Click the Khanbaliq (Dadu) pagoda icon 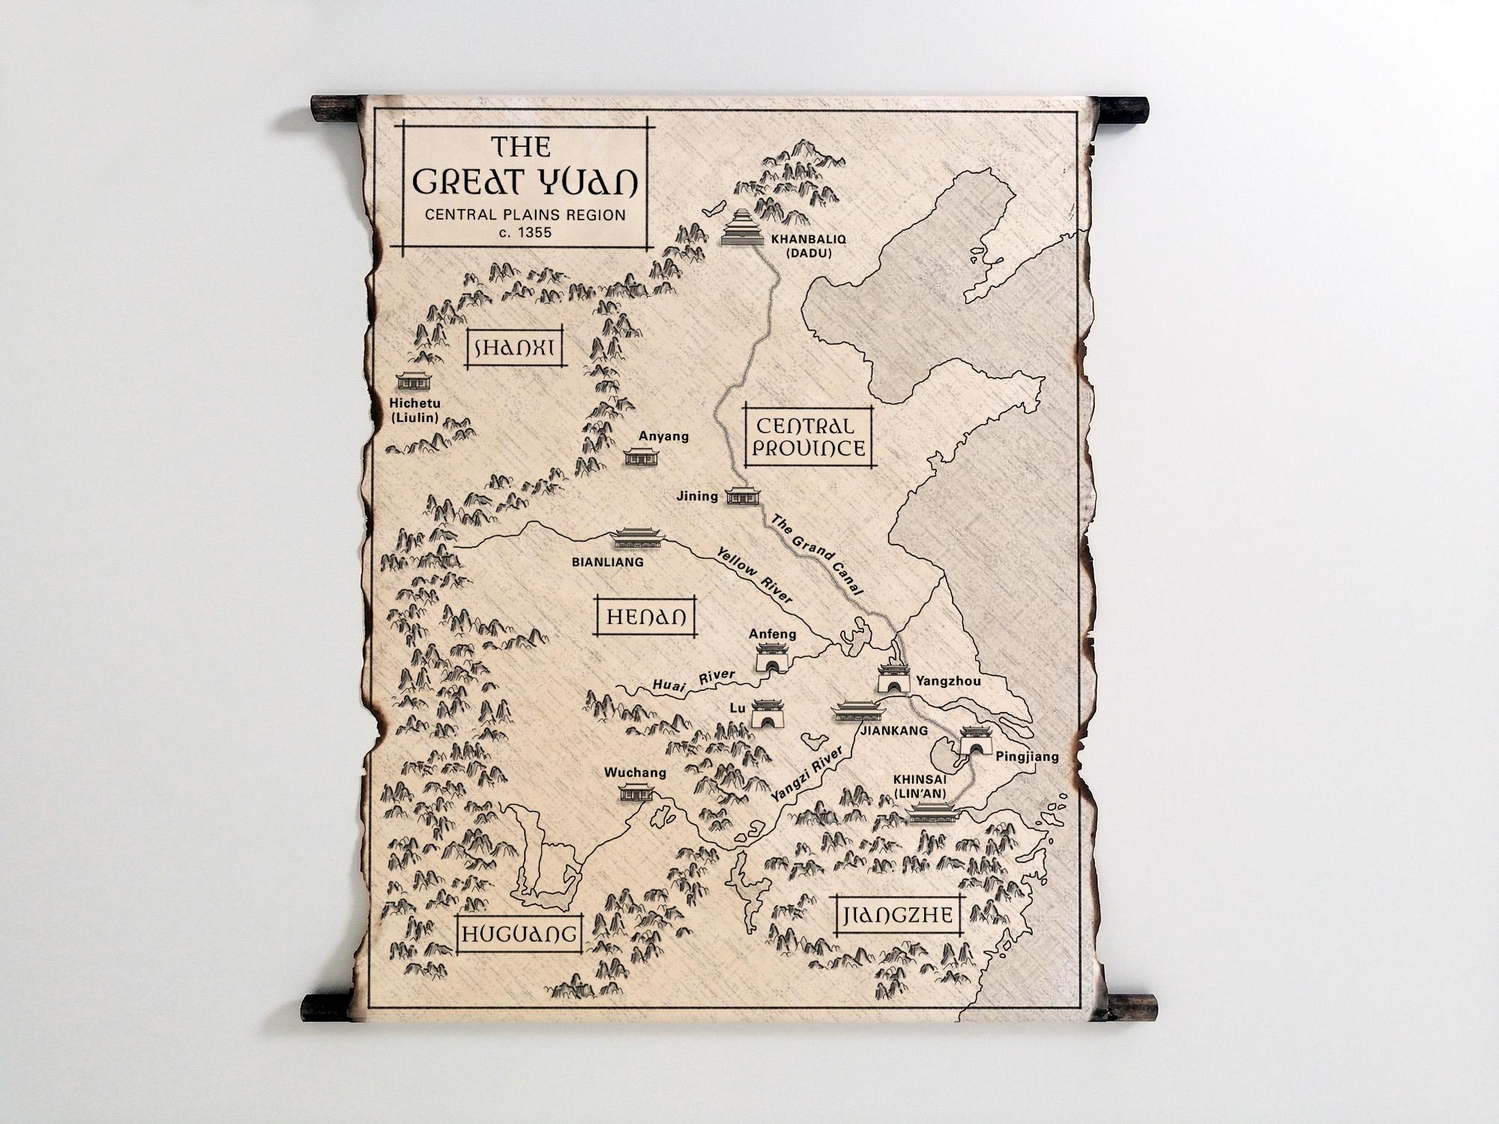tap(741, 227)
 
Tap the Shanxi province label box tap(514, 348)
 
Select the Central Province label tap(809, 437)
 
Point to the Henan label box tap(645, 617)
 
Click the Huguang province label tap(519, 934)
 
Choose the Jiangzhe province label tap(898, 915)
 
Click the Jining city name tap(697, 496)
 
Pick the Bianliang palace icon tap(636, 537)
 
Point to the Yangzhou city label tap(947, 682)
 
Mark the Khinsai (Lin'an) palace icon tap(932, 812)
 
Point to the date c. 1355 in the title tap(525, 232)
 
